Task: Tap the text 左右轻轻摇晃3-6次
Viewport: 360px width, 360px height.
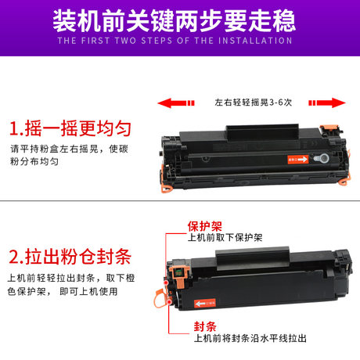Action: pos(252,102)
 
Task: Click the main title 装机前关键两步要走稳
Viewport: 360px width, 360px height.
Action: pos(179,19)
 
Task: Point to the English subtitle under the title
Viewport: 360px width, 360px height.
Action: pos(179,40)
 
